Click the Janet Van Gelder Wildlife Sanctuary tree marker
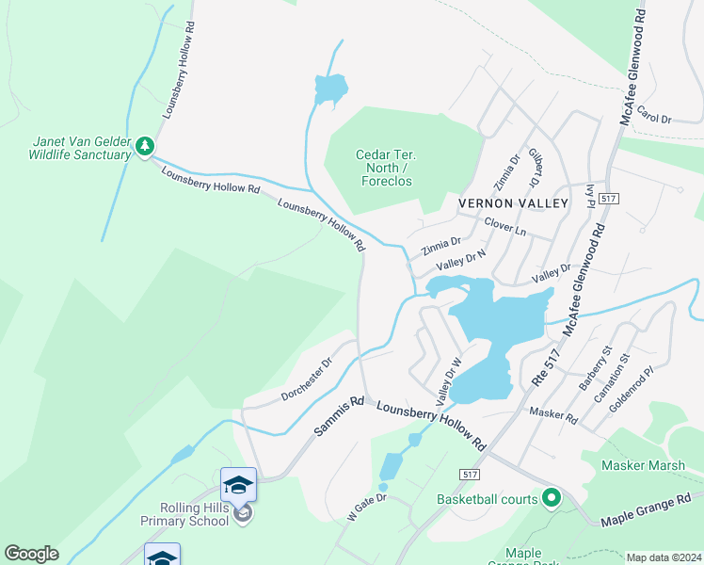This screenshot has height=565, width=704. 144,146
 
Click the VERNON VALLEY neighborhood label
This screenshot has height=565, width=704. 513,203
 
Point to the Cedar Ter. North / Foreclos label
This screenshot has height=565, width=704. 384,168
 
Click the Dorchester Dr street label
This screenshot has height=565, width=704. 308,379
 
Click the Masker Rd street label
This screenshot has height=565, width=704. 552,414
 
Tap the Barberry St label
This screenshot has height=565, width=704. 595,369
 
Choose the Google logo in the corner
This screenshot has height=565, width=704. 31,553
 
